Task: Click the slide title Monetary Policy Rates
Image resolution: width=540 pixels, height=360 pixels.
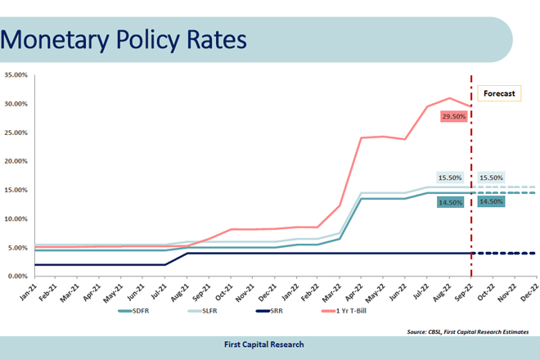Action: click(123, 39)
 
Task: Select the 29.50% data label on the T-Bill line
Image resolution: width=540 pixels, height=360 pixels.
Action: click(453, 117)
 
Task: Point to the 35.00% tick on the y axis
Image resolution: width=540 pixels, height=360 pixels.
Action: click(16, 75)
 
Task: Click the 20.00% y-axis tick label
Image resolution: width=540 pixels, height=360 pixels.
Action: click(16, 161)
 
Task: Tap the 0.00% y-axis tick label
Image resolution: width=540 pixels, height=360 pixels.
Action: click(18, 277)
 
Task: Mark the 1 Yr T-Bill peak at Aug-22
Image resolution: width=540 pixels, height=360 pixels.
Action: click(449, 98)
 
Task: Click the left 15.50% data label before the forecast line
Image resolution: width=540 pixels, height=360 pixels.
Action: click(450, 178)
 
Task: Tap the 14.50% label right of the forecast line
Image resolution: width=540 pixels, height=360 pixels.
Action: click(491, 201)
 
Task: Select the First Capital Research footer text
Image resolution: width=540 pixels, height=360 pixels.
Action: click(264, 344)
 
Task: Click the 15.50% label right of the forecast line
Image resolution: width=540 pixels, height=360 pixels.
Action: click(491, 178)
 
